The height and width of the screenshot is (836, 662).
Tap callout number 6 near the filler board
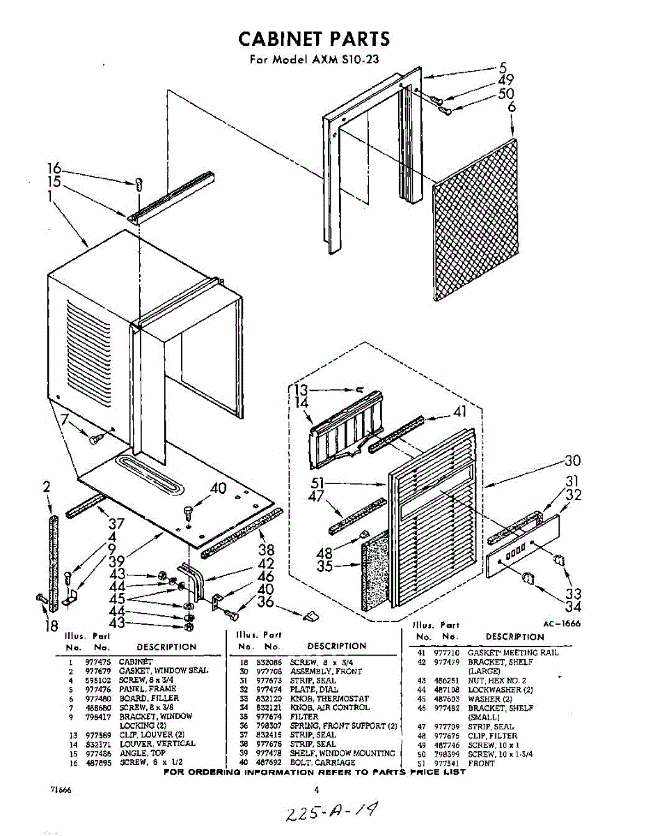click(x=512, y=107)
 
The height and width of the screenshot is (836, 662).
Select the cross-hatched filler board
click(x=476, y=219)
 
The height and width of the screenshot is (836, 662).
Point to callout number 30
click(x=572, y=460)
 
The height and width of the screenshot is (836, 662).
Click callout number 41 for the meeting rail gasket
click(x=459, y=412)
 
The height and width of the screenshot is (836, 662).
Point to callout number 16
click(x=54, y=169)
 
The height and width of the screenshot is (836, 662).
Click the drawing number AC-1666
click(x=561, y=624)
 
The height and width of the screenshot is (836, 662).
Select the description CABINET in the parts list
click(x=136, y=661)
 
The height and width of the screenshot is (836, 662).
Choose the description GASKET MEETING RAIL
click(x=513, y=652)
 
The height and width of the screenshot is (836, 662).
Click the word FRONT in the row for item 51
click(x=482, y=763)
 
